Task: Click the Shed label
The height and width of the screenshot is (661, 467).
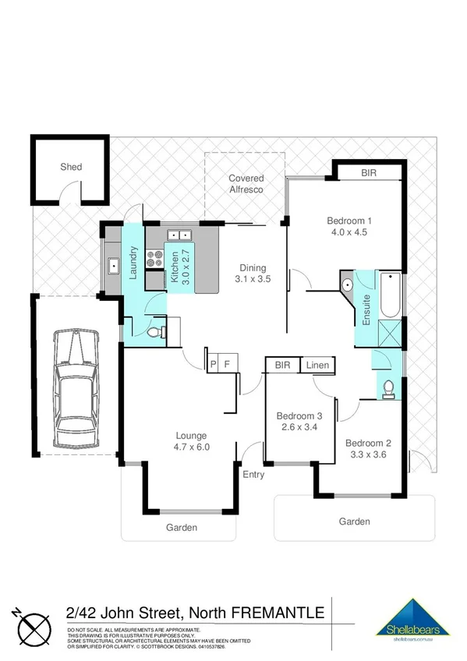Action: (x=71, y=167)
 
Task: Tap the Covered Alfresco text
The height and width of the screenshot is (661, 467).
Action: (x=246, y=184)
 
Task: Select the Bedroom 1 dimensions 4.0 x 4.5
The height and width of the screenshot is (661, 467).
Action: (x=348, y=232)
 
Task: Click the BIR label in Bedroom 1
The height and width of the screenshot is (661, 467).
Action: (x=369, y=172)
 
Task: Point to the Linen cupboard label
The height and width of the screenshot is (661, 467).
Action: (x=317, y=365)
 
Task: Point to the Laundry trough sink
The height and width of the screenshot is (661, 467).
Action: (x=113, y=266)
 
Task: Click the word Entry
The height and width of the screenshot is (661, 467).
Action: (x=253, y=474)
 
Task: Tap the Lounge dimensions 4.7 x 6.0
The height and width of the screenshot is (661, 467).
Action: (x=193, y=447)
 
